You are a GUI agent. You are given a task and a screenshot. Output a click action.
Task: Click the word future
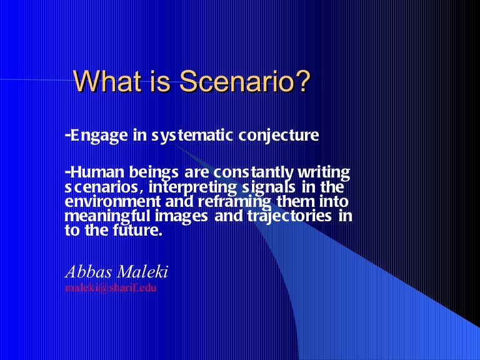(x=135, y=231)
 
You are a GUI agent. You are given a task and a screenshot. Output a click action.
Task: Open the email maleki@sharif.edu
(x=111, y=288)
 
